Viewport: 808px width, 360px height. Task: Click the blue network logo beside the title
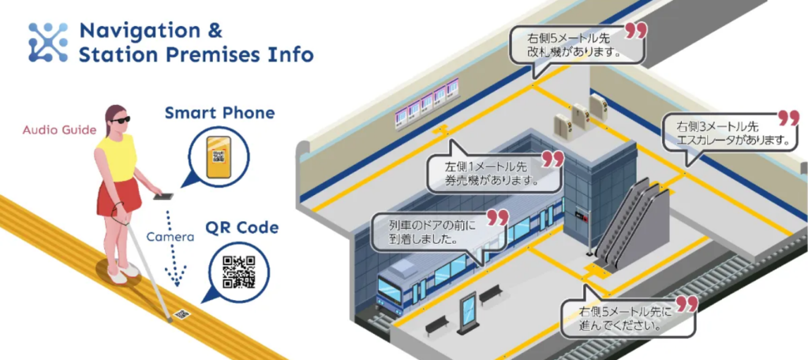tap(48, 43)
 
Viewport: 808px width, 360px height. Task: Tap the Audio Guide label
tap(59, 130)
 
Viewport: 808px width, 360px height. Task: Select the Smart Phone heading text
tap(220, 113)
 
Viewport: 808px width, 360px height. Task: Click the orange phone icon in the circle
tap(219, 157)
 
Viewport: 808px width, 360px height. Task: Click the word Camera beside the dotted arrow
tap(170, 238)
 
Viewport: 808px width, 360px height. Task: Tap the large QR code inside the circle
tap(239, 272)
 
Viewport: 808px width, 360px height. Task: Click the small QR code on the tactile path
tap(181, 313)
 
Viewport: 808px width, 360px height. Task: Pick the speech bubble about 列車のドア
tap(441, 232)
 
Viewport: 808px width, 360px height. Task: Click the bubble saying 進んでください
tap(629, 316)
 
